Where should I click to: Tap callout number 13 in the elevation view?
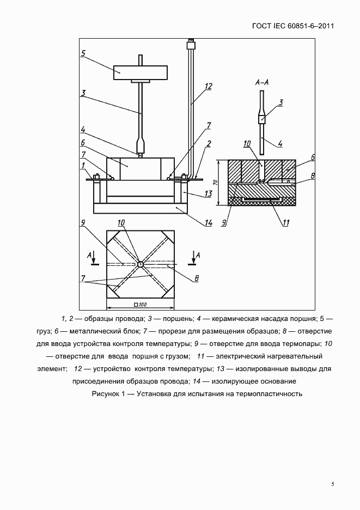[207, 194]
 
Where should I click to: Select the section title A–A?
[261, 82]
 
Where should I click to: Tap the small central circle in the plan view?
[140, 264]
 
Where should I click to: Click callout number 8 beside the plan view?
[197, 278]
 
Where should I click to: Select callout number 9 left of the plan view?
[83, 222]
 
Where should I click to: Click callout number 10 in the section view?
[246, 143]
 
